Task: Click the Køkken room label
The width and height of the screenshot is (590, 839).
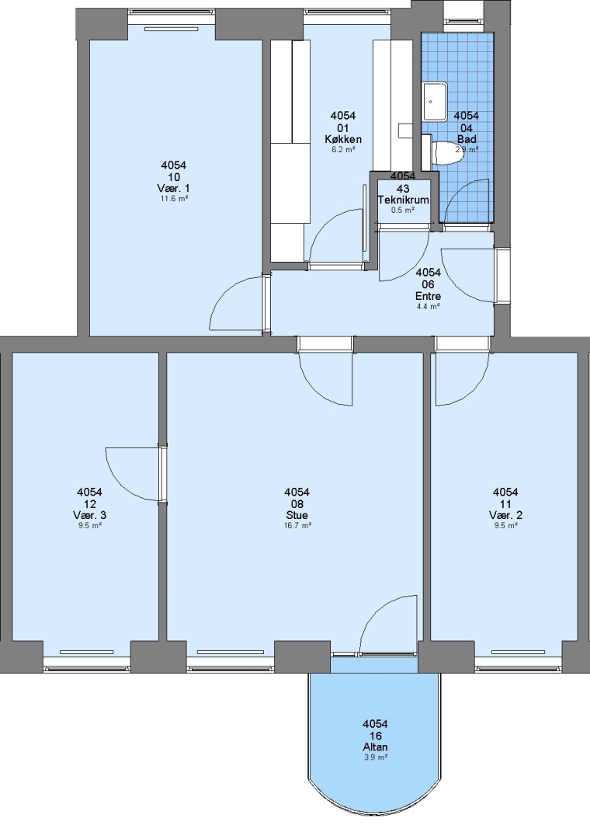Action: pyautogui.click(x=343, y=139)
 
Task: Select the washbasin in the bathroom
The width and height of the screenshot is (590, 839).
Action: pyautogui.click(x=436, y=102)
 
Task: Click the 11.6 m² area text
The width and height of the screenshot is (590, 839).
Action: pyautogui.click(x=174, y=199)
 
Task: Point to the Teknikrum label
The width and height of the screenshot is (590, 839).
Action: pyautogui.click(x=404, y=200)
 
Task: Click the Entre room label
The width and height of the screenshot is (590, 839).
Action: pyautogui.click(x=428, y=296)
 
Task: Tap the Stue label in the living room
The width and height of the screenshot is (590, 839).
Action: pyautogui.click(x=297, y=515)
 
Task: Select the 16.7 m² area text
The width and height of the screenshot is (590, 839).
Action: pyautogui.click(x=297, y=525)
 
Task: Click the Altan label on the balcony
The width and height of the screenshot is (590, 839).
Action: pyautogui.click(x=375, y=747)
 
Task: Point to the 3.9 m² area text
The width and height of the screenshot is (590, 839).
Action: pyautogui.click(x=375, y=757)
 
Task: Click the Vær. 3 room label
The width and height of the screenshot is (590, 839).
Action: pyautogui.click(x=89, y=515)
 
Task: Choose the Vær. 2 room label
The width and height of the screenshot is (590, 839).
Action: pyautogui.click(x=505, y=515)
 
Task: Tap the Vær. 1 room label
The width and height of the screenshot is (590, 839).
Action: pyautogui.click(x=173, y=188)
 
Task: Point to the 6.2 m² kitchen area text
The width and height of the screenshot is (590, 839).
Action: pyautogui.click(x=343, y=150)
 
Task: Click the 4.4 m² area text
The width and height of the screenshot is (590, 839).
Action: pyautogui.click(x=428, y=307)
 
